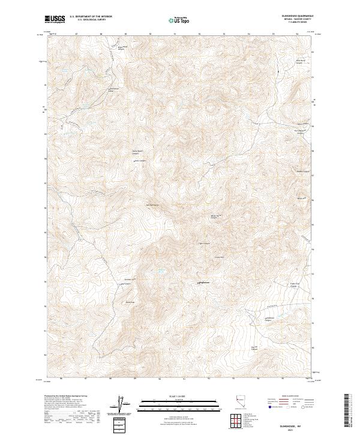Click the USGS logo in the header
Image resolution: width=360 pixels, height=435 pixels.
[55, 20]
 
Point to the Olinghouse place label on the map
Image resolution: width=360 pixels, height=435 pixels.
[203, 283]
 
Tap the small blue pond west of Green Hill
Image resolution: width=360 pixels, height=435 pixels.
[161, 271]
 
